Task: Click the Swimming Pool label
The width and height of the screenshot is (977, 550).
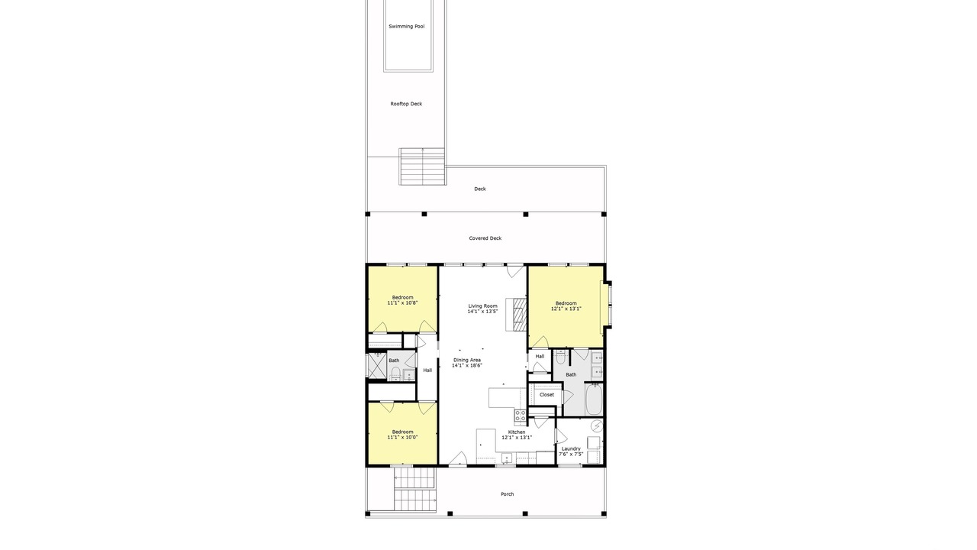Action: (407, 27)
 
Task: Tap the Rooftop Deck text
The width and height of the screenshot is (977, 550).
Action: (406, 104)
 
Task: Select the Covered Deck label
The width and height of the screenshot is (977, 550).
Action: (485, 238)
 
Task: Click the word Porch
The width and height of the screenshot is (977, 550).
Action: (508, 494)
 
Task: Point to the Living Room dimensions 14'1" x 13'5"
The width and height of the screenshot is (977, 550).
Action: (482, 312)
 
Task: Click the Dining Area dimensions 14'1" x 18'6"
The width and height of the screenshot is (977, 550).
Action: (466, 365)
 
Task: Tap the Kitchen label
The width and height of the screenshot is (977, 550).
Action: (517, 432)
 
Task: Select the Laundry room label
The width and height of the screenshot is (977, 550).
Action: (571, 448)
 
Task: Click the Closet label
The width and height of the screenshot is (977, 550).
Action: (547, 395)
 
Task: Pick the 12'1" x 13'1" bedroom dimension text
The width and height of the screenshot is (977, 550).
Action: (566, 309)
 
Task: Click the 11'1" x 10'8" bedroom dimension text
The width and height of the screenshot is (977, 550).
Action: (402, 302)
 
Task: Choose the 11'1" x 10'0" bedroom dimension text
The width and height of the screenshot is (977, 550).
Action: (402, 437)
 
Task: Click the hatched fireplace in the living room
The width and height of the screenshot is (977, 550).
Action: (520, 314)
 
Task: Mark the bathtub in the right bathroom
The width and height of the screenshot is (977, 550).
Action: (594, 399)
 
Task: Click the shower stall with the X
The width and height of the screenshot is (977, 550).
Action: (377, 365)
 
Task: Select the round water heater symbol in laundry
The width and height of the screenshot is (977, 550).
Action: (596, 425)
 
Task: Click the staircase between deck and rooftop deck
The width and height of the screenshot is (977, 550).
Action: (422, 167)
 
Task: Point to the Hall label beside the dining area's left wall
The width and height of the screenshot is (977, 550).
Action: (427, 370)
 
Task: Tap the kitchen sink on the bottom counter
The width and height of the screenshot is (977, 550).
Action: (506, 458)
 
